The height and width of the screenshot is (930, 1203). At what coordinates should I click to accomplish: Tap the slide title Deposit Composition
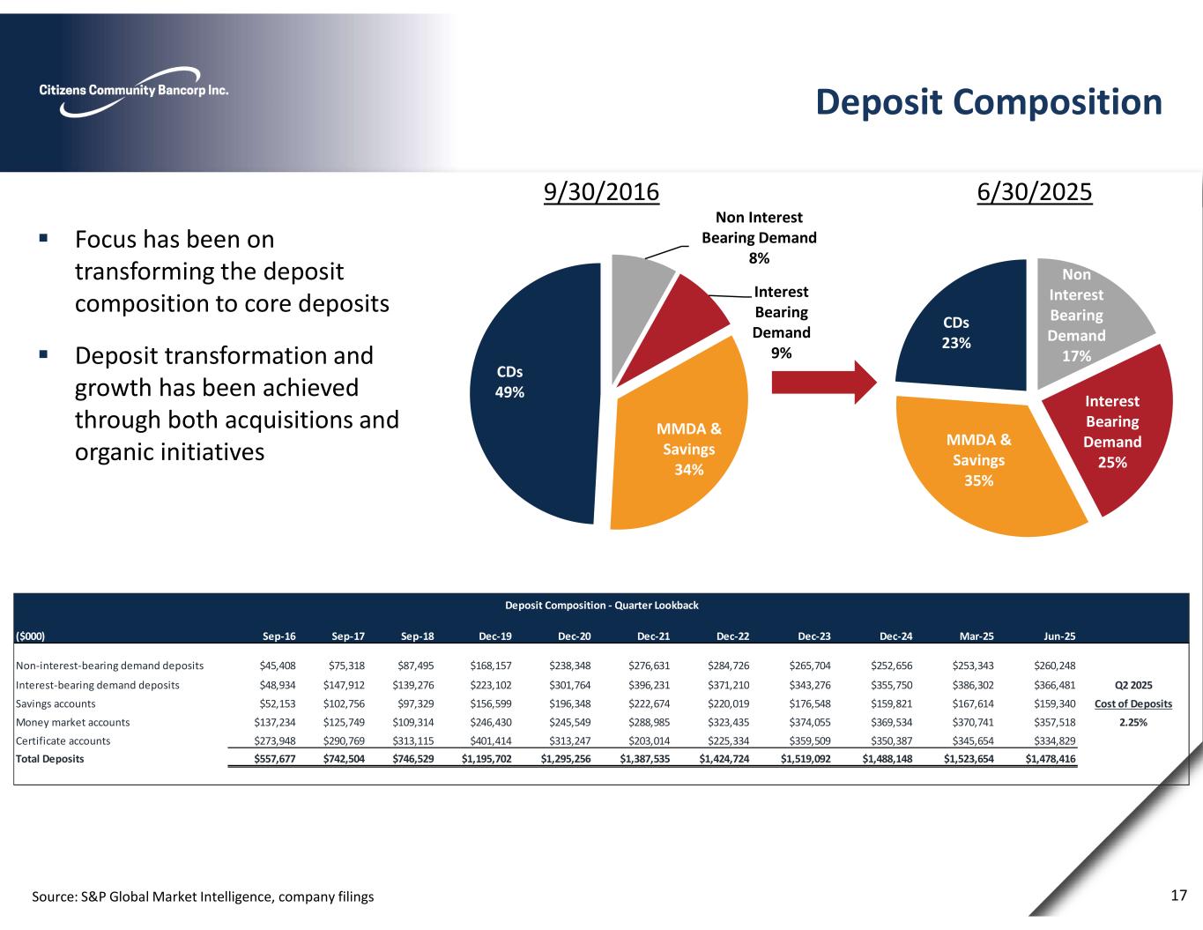click(x=988, y=102)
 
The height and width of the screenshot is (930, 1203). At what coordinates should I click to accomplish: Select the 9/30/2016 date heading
click(x=601, y=191)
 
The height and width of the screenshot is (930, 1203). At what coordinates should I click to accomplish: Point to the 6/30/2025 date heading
click(x=1035, y=191)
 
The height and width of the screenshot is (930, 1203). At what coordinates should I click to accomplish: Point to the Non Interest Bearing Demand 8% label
click(x=759, y=237)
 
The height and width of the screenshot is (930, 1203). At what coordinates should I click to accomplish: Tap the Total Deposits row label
click(x=50, y=758)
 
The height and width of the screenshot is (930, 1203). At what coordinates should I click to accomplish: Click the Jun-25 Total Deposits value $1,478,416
click(x=1051, y=758)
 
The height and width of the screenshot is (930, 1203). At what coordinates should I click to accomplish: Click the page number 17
click(x=1178, y=896)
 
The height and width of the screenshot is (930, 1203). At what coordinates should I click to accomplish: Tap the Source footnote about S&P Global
click(x=203, y=897)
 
